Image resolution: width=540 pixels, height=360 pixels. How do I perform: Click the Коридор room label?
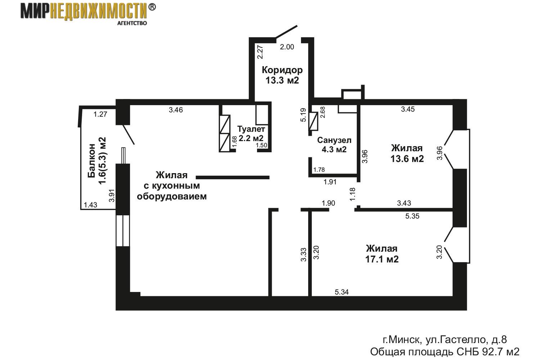(x=282, y=70)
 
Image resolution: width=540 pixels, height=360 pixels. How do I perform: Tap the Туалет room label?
(x=251, y=129)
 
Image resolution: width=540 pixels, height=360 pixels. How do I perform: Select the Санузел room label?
(x=334, y=140)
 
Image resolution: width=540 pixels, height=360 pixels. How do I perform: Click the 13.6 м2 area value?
(x=407, y=159)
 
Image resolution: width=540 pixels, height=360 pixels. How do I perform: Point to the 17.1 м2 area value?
(x=382, y=259)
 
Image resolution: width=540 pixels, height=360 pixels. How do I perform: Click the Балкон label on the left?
(x=91, y=161)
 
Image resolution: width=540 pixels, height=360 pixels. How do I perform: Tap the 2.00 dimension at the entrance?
(x=287, y=47)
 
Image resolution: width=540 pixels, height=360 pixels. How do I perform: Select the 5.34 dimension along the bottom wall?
(x=342, y=292)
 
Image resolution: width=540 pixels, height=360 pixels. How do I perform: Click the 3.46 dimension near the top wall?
(x=176, y=110)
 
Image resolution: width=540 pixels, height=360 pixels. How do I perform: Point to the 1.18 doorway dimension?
(x=352, y=194)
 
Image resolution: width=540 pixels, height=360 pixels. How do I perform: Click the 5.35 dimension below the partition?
(x=412, y=216)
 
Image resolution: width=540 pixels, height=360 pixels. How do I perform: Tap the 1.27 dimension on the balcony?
(x=100, y=114)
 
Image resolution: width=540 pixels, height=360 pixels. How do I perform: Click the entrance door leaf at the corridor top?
(x=287, y=31)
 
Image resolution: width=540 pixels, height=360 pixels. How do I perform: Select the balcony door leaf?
(x=129, y=135)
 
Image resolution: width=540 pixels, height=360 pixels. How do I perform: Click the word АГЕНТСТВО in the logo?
(x=132, y=23)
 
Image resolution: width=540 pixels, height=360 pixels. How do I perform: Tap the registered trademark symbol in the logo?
(x=152, y=7)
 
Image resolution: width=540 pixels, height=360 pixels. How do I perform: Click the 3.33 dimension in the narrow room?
(x=303, y=255)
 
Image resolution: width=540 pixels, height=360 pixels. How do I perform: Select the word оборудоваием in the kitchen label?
(x=172, y=197)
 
